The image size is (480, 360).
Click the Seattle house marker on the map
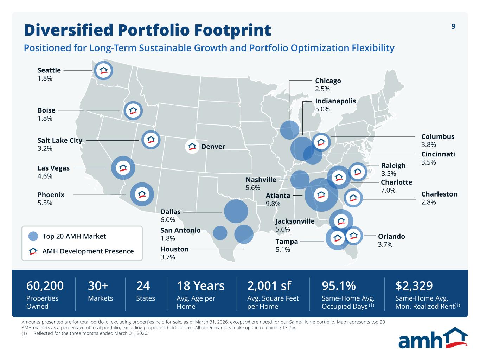pos(103,70)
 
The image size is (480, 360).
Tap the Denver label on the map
pos(213,147)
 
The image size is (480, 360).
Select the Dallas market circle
pos(236,211)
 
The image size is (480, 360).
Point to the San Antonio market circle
pos(220,233)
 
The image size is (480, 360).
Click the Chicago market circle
pos(289,130)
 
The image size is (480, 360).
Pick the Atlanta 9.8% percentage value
pos(273,204)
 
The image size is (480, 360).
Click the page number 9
pos(453,26)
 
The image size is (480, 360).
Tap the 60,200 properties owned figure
pos(45,286)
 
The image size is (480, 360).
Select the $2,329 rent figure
pos(414,286)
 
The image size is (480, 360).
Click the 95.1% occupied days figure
pos(339,286)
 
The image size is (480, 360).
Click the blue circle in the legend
pos(33,236)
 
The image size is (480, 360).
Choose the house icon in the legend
pos(33,251)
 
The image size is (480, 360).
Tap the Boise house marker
pos(133,111)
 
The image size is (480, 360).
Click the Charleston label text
pos(439,194)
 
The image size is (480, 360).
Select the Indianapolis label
pos(335,101)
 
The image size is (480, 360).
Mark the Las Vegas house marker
pos(123,168)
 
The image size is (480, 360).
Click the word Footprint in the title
pos(233,30)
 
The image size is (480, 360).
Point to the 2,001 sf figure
pos(269,286)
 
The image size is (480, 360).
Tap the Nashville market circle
pos(300,180)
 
